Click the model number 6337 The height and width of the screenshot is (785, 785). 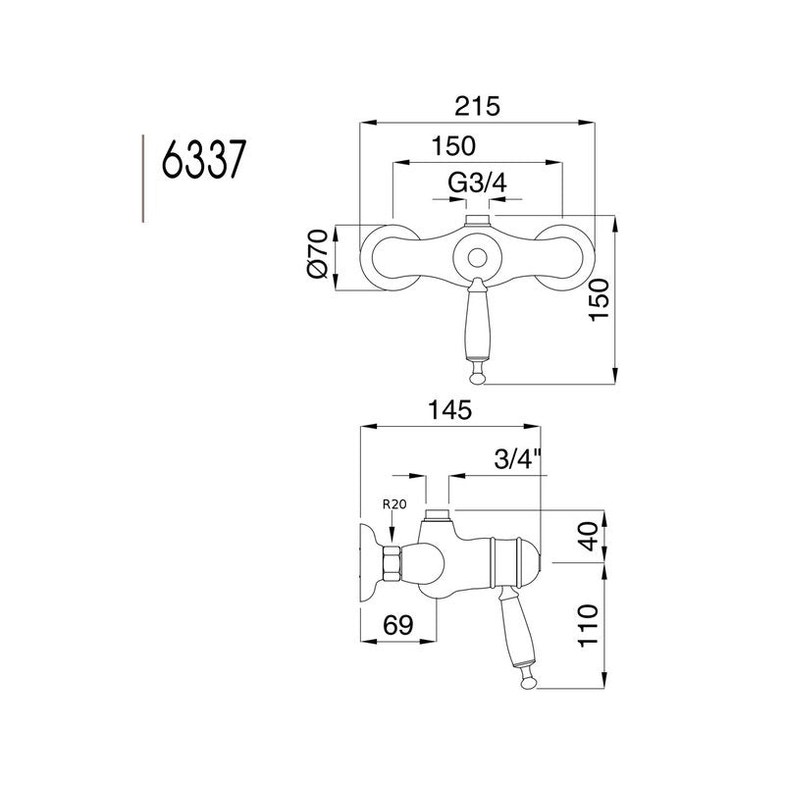[202, 159]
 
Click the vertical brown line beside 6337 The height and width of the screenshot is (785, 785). [143, 178]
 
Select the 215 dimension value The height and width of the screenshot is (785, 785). [478, 106]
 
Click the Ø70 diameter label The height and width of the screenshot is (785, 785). [316, 258]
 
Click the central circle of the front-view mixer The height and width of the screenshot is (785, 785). [478, 258]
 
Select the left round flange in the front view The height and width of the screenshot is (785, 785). [385, 258]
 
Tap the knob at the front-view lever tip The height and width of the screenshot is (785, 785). [478, 374]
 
